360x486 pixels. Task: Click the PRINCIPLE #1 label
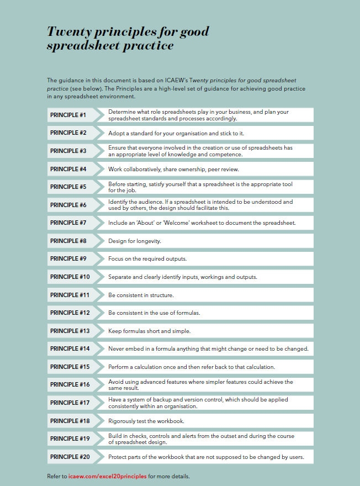(68, 115)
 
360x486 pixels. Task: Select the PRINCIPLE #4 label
(68, 169)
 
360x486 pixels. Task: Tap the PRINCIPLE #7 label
(68, 223)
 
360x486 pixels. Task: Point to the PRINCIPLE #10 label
(70, 277)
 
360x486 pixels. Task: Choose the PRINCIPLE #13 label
(70, 330)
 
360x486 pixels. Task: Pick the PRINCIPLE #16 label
(70, 384)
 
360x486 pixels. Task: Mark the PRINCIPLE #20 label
(70, 457)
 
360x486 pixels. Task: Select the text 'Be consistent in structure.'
(141, 295)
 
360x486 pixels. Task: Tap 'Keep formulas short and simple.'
(149, 331)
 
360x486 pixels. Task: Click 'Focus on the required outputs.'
(147, 259)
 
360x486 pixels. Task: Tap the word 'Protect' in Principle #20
(118, 457)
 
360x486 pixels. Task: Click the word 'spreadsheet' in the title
(81, 46)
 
